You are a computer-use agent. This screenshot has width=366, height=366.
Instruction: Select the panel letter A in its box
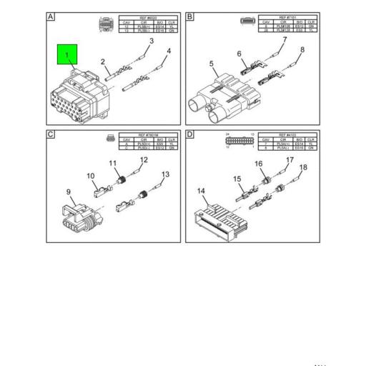(x=51, y=16)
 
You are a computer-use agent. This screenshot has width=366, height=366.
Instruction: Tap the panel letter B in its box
(x=190, y=16)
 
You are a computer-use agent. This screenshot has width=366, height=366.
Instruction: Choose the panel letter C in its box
(x=51, y=133)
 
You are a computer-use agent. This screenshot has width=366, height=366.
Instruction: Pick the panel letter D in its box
(x=190, y=133)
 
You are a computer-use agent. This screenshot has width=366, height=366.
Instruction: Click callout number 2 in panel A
(x=103, y=62)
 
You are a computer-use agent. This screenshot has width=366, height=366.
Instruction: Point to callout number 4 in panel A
(x=169, y=51)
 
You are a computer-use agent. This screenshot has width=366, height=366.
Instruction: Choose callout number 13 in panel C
(x=164, y=174)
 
